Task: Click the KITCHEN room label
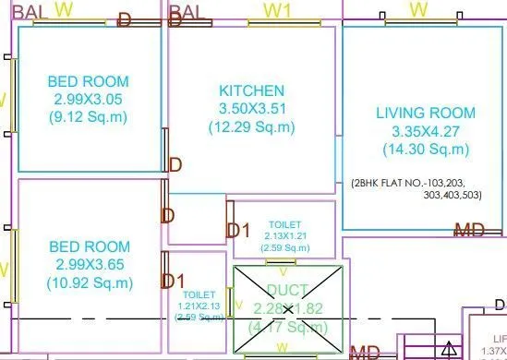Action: coord(251,90)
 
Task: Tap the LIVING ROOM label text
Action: coord(426,114)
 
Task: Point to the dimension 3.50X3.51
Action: coord(251,108)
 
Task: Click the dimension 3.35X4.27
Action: coord(426,131)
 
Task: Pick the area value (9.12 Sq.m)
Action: coord(88,116)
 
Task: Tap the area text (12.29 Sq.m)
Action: coord(251,126)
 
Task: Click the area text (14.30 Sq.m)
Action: coord(426,149)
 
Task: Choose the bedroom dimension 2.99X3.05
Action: coord(88,99)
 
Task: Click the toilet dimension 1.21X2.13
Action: coord(199,306)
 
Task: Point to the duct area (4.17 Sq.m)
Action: coord(287,326)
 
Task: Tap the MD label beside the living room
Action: coord(469,229)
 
